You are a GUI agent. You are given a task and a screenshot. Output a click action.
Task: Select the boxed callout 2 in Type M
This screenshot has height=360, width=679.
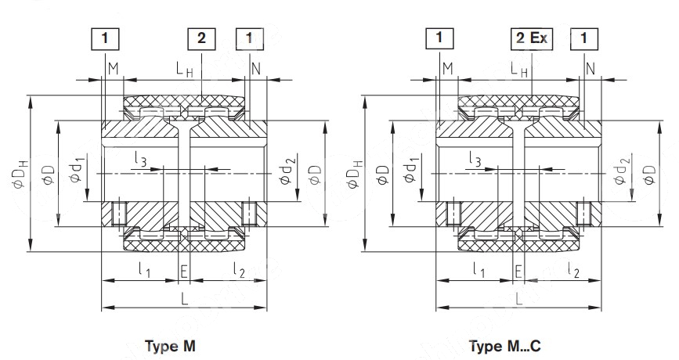point(201,37)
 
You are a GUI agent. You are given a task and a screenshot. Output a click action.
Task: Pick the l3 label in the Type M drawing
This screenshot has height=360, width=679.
point(139,162)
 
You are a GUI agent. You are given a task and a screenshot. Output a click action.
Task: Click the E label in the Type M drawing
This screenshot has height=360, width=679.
point(184,271)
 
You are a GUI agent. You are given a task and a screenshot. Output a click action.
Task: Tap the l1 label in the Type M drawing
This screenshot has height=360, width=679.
point(145,271)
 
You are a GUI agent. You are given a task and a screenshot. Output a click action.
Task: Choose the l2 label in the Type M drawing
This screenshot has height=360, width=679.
point(238,271)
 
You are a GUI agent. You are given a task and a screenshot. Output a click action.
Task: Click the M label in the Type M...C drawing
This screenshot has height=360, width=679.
point(447,70)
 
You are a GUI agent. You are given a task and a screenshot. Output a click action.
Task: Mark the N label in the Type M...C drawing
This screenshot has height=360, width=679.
point(590,70)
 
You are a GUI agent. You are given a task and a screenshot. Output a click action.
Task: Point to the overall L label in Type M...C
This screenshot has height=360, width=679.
point(517,298)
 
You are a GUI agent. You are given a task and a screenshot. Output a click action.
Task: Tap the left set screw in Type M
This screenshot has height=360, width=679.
point(120,211)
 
